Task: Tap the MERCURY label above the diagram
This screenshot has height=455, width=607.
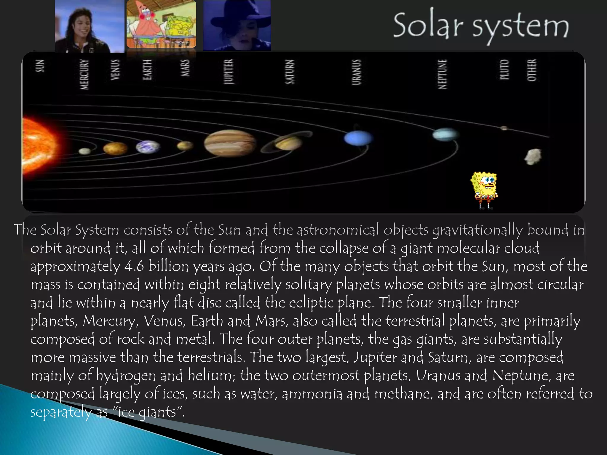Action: pos(84,74)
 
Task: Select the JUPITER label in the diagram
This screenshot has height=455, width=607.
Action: pos(229,72)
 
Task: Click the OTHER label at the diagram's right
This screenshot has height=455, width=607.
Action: pos(532,70)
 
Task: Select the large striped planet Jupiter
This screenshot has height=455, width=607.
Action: pos(230,143)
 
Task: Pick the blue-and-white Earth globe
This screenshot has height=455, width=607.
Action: pos(148,147)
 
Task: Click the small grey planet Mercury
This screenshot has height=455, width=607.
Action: pos(85,151)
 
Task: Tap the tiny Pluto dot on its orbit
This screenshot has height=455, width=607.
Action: pos(504,128)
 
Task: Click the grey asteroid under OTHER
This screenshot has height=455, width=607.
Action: pos(533,156)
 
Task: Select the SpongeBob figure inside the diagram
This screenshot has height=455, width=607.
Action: pos(484,190)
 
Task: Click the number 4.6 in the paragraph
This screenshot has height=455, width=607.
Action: pos(134,266)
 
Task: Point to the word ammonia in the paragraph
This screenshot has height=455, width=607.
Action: pos(312,394)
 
